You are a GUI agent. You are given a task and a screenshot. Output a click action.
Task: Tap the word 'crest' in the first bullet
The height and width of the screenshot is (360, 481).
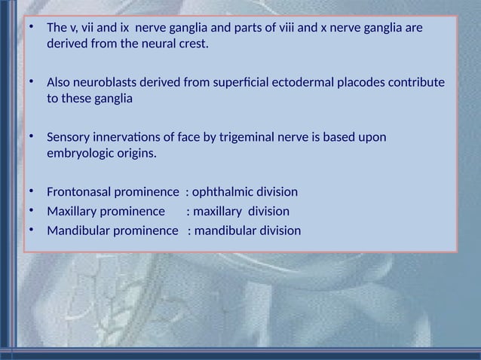click(x=191, y=44)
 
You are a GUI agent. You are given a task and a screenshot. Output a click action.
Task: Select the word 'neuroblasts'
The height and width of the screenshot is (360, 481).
click(x=102, y=82)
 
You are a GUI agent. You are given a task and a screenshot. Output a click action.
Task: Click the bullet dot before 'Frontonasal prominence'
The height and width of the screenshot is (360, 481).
click(x=31, y=191)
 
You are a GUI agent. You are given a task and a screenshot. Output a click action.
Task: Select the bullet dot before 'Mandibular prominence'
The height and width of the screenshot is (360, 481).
click(x=31, y=230)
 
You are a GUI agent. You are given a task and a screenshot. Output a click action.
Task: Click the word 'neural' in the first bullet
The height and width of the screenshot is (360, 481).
click(x=155, y=44)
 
